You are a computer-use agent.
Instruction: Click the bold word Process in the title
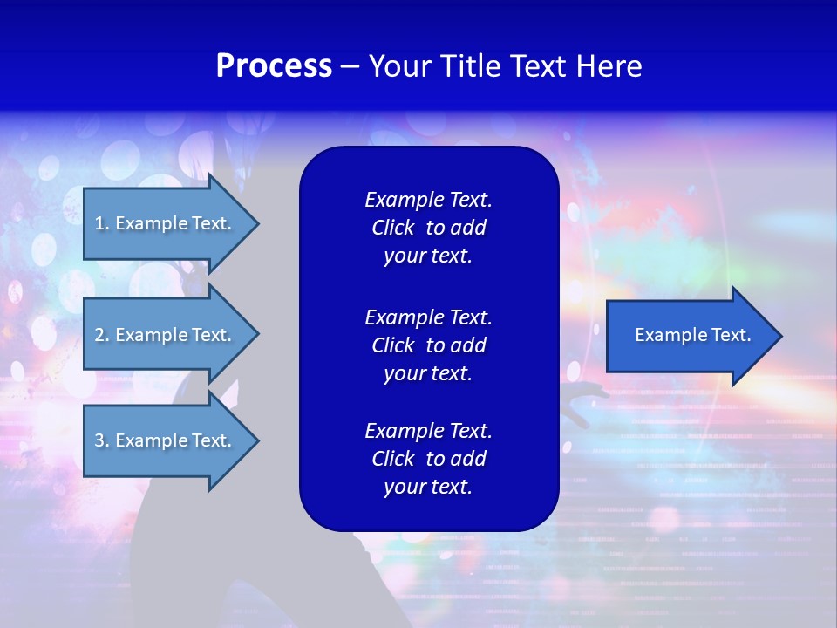click(274, 66)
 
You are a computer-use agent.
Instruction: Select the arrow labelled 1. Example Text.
click(163, 223)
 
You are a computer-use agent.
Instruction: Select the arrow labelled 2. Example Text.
click(163, 335)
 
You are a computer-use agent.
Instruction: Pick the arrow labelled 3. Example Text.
click(163, 440)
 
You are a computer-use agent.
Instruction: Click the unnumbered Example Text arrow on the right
click(692, 335)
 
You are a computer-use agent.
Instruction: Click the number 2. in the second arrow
click(102, 335)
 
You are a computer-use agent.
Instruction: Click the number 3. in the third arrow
click(102, 440)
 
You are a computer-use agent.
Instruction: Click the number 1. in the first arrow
click(101, 223)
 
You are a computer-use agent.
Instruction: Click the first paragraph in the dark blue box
click(428, 228)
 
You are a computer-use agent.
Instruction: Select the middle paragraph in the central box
click(428, 345)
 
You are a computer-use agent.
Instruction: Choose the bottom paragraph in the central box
click(428, 459)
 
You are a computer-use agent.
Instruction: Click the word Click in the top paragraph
click(392, 229)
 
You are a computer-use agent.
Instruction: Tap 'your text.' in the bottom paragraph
click(428, 488)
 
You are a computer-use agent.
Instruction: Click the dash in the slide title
click(350, 67)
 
